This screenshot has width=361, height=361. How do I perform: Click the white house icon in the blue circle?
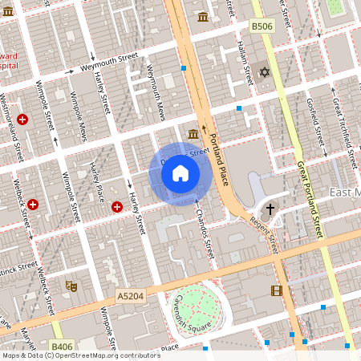pos(180,172)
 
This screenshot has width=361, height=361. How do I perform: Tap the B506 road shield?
pos(262,26)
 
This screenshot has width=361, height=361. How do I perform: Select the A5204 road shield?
pos(129,296)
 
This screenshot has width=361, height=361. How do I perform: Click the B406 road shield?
pos(62,347)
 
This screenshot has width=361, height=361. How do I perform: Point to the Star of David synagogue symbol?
pos(264,72)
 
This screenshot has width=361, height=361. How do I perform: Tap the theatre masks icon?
pos(71,284)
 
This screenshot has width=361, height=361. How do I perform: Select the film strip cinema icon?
pos(277,290)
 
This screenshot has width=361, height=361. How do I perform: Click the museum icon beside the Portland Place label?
pos(193,133)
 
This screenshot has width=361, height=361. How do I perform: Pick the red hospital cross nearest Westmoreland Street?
pos(22,120)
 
